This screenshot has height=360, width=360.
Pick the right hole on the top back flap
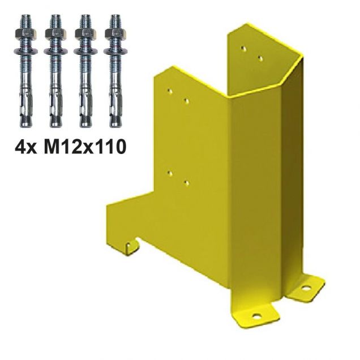[x=260, y=57]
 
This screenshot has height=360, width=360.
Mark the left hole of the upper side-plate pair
[x=170, y=90]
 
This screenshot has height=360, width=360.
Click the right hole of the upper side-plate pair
[x=186, y=100]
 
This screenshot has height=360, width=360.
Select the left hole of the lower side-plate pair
[x=170, y=173]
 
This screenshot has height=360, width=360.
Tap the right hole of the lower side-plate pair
[x=186, y=183]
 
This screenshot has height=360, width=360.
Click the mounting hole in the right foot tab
[x=306, y=288]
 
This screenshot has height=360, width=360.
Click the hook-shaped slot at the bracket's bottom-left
[x=132, y=246]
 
